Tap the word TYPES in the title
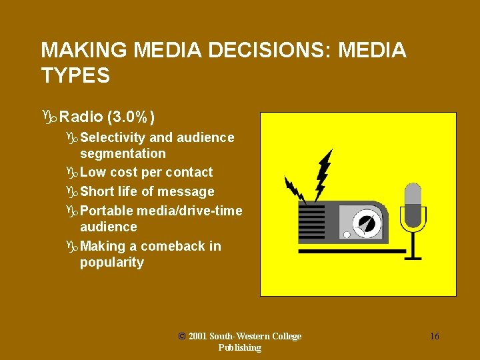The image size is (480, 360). tap(75, 76)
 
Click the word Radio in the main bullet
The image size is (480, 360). tap(81, 118)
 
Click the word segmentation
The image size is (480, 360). tap(123, 153)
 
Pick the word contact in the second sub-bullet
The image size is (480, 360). tap(189, 173)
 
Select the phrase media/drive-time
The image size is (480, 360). tap(189, 211)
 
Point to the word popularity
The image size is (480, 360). tap(112, 263)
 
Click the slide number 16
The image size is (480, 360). tap(434, 336)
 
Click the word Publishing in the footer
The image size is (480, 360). tap(239, 347)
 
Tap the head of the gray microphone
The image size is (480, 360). tap(413, 197)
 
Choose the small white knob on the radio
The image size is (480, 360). tap(347, 235)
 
